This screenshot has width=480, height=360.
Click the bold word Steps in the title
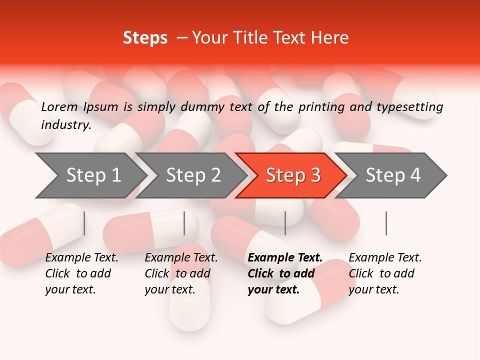[x=145, y=38]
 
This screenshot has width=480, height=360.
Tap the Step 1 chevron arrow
[x=92, y=175]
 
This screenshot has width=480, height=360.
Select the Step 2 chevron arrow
[x=192, y=175]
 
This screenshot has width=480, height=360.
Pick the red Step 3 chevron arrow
[x=292, y=175]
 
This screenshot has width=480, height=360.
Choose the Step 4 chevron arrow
[x=392, y=175]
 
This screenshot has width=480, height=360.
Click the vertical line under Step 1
[x=84, y=223]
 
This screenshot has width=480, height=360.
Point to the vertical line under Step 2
[x=184, y=223]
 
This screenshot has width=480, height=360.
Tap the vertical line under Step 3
[x=285, y=223]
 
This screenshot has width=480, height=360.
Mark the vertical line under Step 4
[x=386, y=223]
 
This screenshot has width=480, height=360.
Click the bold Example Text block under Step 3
[x=285, y=273]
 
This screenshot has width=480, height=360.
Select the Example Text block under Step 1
[x=81, y=273]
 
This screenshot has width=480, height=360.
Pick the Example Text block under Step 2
[x=181, y=273]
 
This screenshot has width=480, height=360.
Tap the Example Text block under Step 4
[x=385, y=273]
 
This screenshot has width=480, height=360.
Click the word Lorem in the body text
[x=59, y=107]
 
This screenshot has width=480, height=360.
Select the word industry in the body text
[x=65, y=125]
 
